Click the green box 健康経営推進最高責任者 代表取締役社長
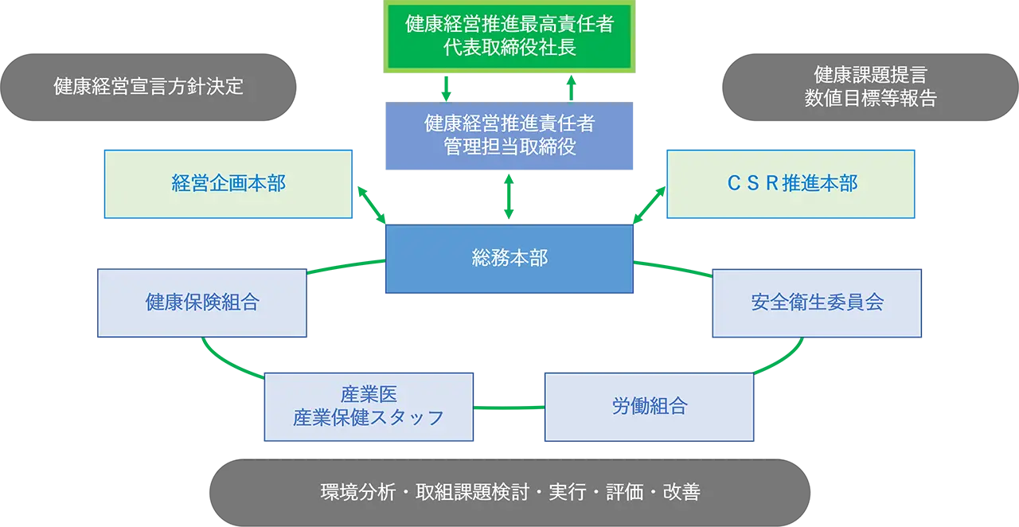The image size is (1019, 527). tap(509, 37)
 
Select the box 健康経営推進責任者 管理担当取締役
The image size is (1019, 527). tap(509, 136)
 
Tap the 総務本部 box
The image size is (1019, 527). tap(509, 259)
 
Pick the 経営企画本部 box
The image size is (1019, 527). tap(228, 184)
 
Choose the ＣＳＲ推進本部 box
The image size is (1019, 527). tap(791, 184)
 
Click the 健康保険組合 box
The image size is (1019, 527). tap(202, 303)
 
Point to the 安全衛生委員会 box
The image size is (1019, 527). tap(817, 303)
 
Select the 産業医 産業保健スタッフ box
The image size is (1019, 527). tap(369, 407)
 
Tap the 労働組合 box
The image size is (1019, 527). tap(649, 407)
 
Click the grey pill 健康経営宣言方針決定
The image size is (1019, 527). tap(149, 88)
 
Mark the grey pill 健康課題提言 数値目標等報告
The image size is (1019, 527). tap(869, 88)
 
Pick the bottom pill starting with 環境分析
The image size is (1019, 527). tap(509, 492)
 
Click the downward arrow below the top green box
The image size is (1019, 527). tap(447, 88)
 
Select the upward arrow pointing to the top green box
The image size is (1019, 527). tap(572, 88)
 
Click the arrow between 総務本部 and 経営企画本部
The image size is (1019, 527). tap(371, 205)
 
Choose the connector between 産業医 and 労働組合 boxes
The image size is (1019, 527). tap(509, 407)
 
